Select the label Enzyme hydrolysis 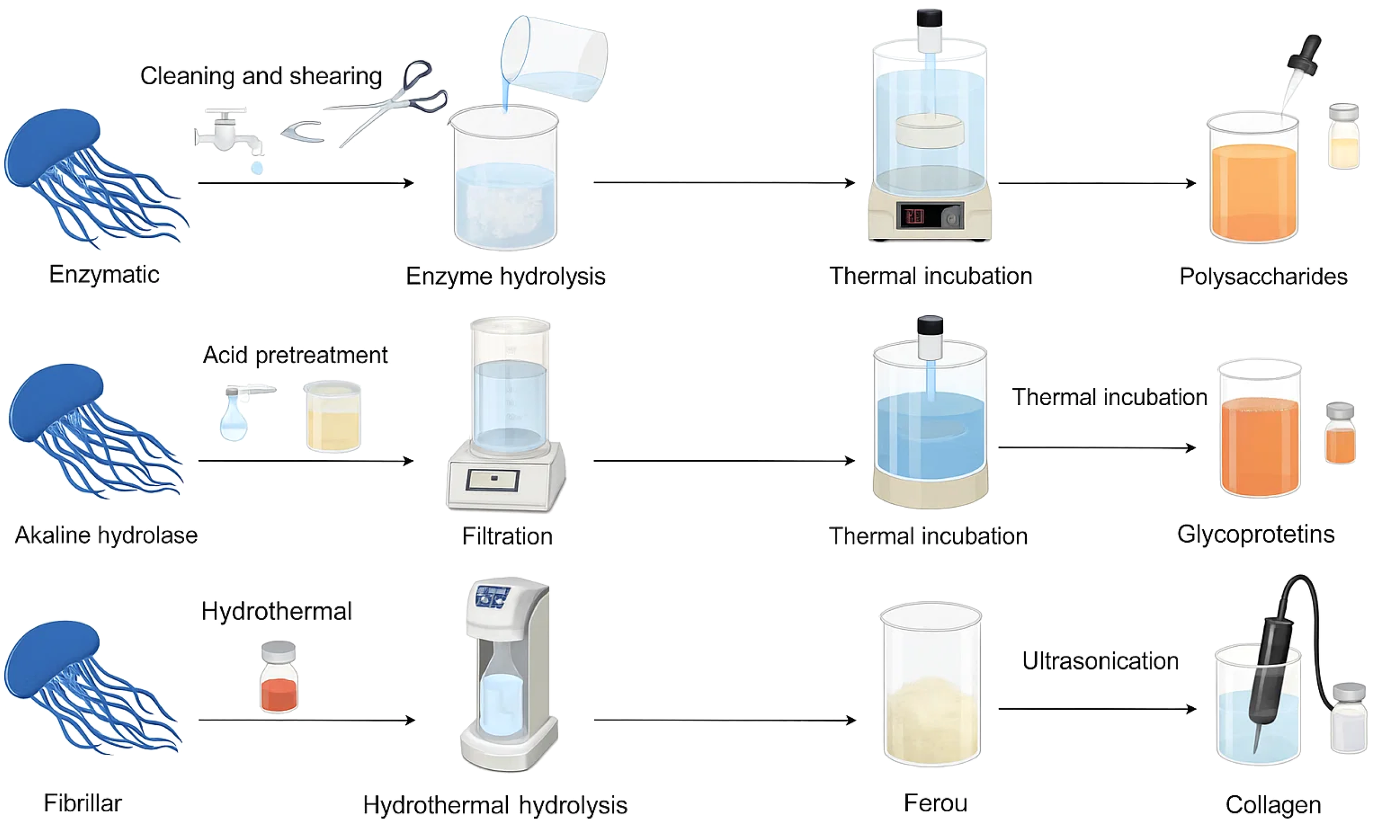pyautogui.click(x=506, y=277)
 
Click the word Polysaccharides pyautogui.click(x=1263, y=277)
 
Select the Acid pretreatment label pyautogui.click(x=294, y=355)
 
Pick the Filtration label pyautogui.click(x=507, y=536)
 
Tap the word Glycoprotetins pyautogui.click(x=1255, y=534)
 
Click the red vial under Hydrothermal pyautogui.click(x=279, y=677)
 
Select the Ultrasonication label pyautogui.click(x=1100, y=661)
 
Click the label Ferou pyautogui.click(x=935, y=804)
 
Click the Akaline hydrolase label pyautogui.click(x=106, y=535)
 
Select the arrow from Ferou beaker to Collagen pyautogui.click(x=1097, y=709)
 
